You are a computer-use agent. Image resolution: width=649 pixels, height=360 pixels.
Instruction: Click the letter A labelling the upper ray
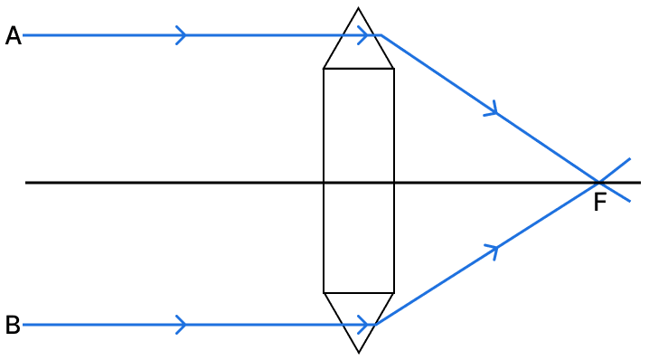(13, 36)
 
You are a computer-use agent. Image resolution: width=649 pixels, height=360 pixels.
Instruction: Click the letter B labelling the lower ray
(13, 325)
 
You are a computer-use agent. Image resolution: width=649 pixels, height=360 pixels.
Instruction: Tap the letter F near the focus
(600, 204)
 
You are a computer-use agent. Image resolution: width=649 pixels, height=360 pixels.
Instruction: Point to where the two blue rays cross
(598, 182)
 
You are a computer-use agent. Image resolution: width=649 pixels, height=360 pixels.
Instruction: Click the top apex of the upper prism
(359, 9)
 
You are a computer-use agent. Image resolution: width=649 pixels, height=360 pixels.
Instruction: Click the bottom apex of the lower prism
(359, 352)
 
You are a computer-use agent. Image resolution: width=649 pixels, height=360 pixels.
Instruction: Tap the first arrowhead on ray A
(183, 36)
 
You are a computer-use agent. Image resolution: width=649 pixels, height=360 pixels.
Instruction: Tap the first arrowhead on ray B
(183, 324)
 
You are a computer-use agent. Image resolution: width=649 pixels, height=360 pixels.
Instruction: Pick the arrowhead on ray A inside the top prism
(365, 36)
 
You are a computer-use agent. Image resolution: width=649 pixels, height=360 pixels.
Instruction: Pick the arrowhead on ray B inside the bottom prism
(365, 324)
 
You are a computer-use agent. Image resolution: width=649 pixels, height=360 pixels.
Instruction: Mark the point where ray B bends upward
(377, 324)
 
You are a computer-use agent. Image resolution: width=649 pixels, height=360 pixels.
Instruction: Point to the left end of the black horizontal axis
(27, 183)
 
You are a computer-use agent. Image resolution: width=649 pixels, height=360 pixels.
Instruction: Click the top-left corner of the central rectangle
(324, 68)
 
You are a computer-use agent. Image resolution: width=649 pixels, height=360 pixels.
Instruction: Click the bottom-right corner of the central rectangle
(394, 293)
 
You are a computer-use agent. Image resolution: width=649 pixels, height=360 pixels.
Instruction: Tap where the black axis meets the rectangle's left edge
(324, 183)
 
